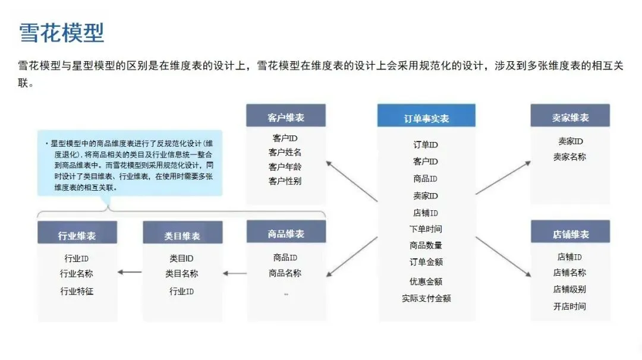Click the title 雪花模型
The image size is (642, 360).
coord(62,33)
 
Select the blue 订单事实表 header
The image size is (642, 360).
coord(426,117)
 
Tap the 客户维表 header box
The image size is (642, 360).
coord(286,117)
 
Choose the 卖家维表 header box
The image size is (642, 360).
coord(570,117)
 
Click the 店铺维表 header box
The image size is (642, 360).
coord(570,233)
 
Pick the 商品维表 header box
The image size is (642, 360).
coord(286,233)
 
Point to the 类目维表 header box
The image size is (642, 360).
coord(182,235)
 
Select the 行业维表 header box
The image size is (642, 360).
coord(77,235)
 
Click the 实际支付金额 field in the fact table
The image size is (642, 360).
coord(426,298)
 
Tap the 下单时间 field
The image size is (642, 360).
coord(426,229)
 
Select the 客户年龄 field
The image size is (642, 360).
coord(285,167)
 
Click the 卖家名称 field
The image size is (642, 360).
coord(569,157)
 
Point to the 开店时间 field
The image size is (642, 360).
coord(569,307)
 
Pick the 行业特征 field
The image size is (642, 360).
coord(77,291)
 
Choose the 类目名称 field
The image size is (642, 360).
coord(182,274)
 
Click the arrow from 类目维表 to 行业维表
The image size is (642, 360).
coord(130,272)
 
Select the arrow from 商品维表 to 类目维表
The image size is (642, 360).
coord(235,274)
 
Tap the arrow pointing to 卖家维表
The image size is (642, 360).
coord(503,177)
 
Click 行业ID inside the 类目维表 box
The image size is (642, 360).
coord(182,291)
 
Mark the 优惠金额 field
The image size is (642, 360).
coord(426,281)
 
